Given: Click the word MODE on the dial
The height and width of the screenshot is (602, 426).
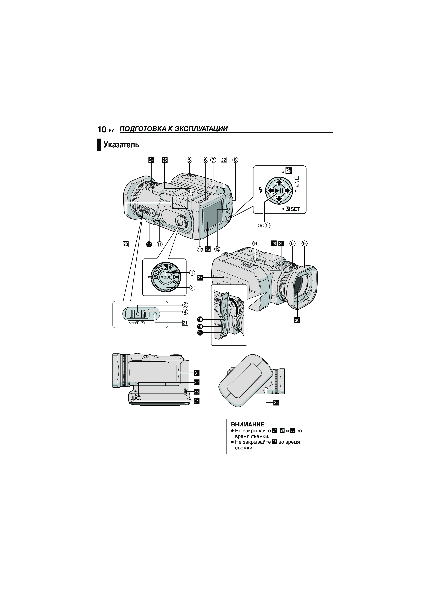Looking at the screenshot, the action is point(166,277).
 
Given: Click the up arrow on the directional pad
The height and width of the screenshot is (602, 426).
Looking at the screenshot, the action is point(279,182).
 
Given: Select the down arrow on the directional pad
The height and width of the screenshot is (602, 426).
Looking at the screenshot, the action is point(279,199).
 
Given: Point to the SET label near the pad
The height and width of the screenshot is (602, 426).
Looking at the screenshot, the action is point(295,209).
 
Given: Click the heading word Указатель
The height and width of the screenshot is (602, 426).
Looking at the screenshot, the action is point(121,144).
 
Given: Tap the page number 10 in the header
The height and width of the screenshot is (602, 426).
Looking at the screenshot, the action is point(102,129).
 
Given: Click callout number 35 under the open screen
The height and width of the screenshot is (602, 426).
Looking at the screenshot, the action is point(276,402).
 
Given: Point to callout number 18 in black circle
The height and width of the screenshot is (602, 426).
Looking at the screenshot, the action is point(200,319).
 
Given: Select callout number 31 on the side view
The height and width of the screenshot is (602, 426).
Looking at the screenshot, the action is point(196,373).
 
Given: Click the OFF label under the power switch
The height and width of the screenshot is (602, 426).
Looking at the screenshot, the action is point(132,323).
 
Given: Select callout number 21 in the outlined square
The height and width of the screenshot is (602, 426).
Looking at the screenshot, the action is point(185,323).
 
